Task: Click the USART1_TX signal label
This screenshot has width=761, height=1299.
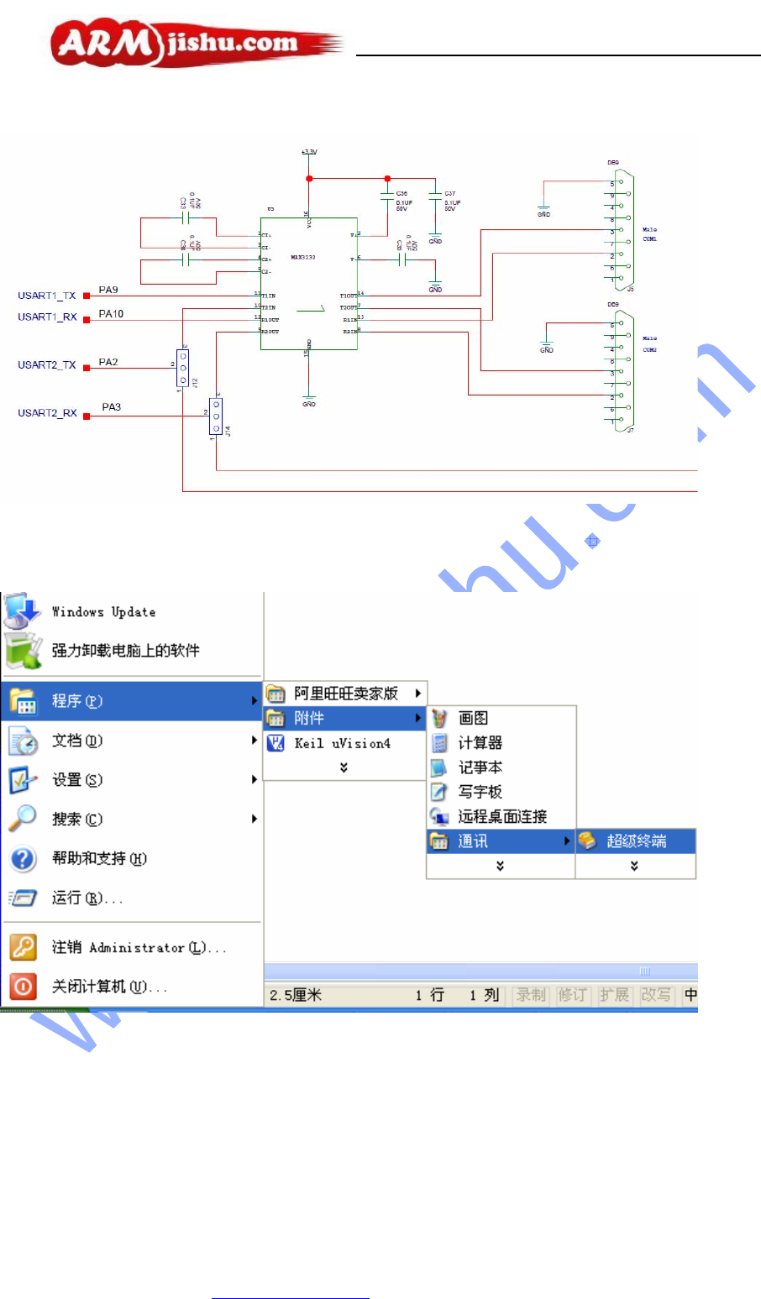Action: click(47, 296)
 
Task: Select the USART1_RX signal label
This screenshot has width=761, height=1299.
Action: click(47, 317)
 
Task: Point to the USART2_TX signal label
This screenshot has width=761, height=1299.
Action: click(47, 365)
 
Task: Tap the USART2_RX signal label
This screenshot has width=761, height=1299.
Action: click(47, 413)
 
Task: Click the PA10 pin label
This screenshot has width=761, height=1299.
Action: click(111, 314)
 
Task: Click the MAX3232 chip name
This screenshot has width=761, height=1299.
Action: click(303, 258)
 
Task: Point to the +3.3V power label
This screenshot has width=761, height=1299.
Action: click(309, 152)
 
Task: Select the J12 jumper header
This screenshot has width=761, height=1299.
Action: click(182, 367)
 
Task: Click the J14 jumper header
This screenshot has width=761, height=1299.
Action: click(216, 416)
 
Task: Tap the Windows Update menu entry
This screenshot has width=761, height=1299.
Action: click(103, 612)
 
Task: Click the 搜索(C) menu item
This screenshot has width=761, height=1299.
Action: click(77, 819)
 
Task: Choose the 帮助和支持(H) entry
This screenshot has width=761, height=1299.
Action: click(99, 858)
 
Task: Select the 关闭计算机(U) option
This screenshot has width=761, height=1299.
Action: click(109, 987)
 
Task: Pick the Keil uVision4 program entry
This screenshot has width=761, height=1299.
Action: click(342, 743)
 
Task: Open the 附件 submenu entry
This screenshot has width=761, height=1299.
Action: click(308, 718)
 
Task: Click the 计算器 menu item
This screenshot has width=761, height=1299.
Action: click(480, 743)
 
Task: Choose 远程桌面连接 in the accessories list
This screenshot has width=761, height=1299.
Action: click(502, 816)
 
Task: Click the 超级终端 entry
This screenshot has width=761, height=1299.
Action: click(636, 841)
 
